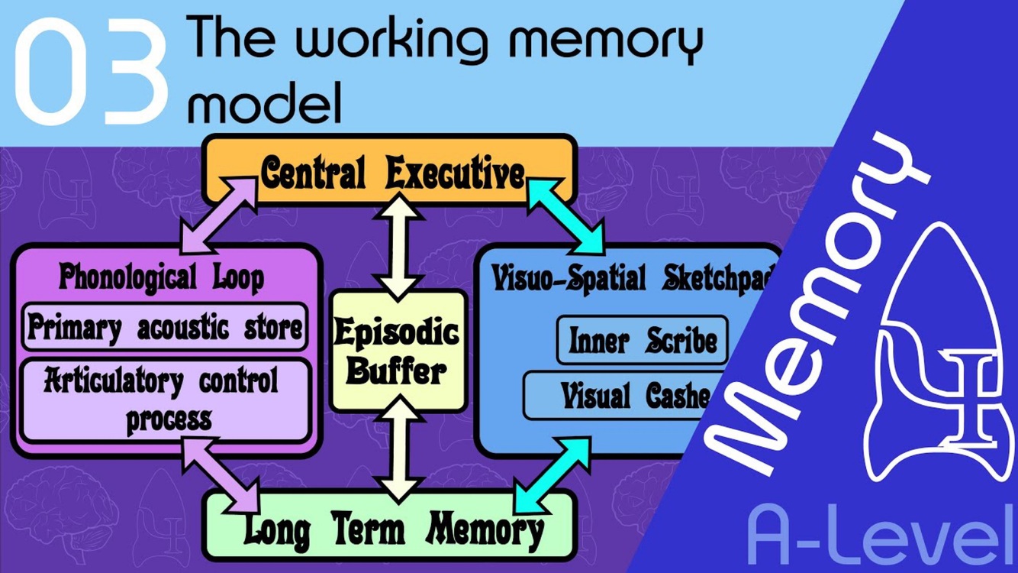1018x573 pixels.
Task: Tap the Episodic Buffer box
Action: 398,351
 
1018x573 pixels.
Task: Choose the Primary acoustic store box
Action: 165,328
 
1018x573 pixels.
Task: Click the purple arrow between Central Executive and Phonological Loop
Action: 217,215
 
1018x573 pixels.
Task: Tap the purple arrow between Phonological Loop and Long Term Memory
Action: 221,474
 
